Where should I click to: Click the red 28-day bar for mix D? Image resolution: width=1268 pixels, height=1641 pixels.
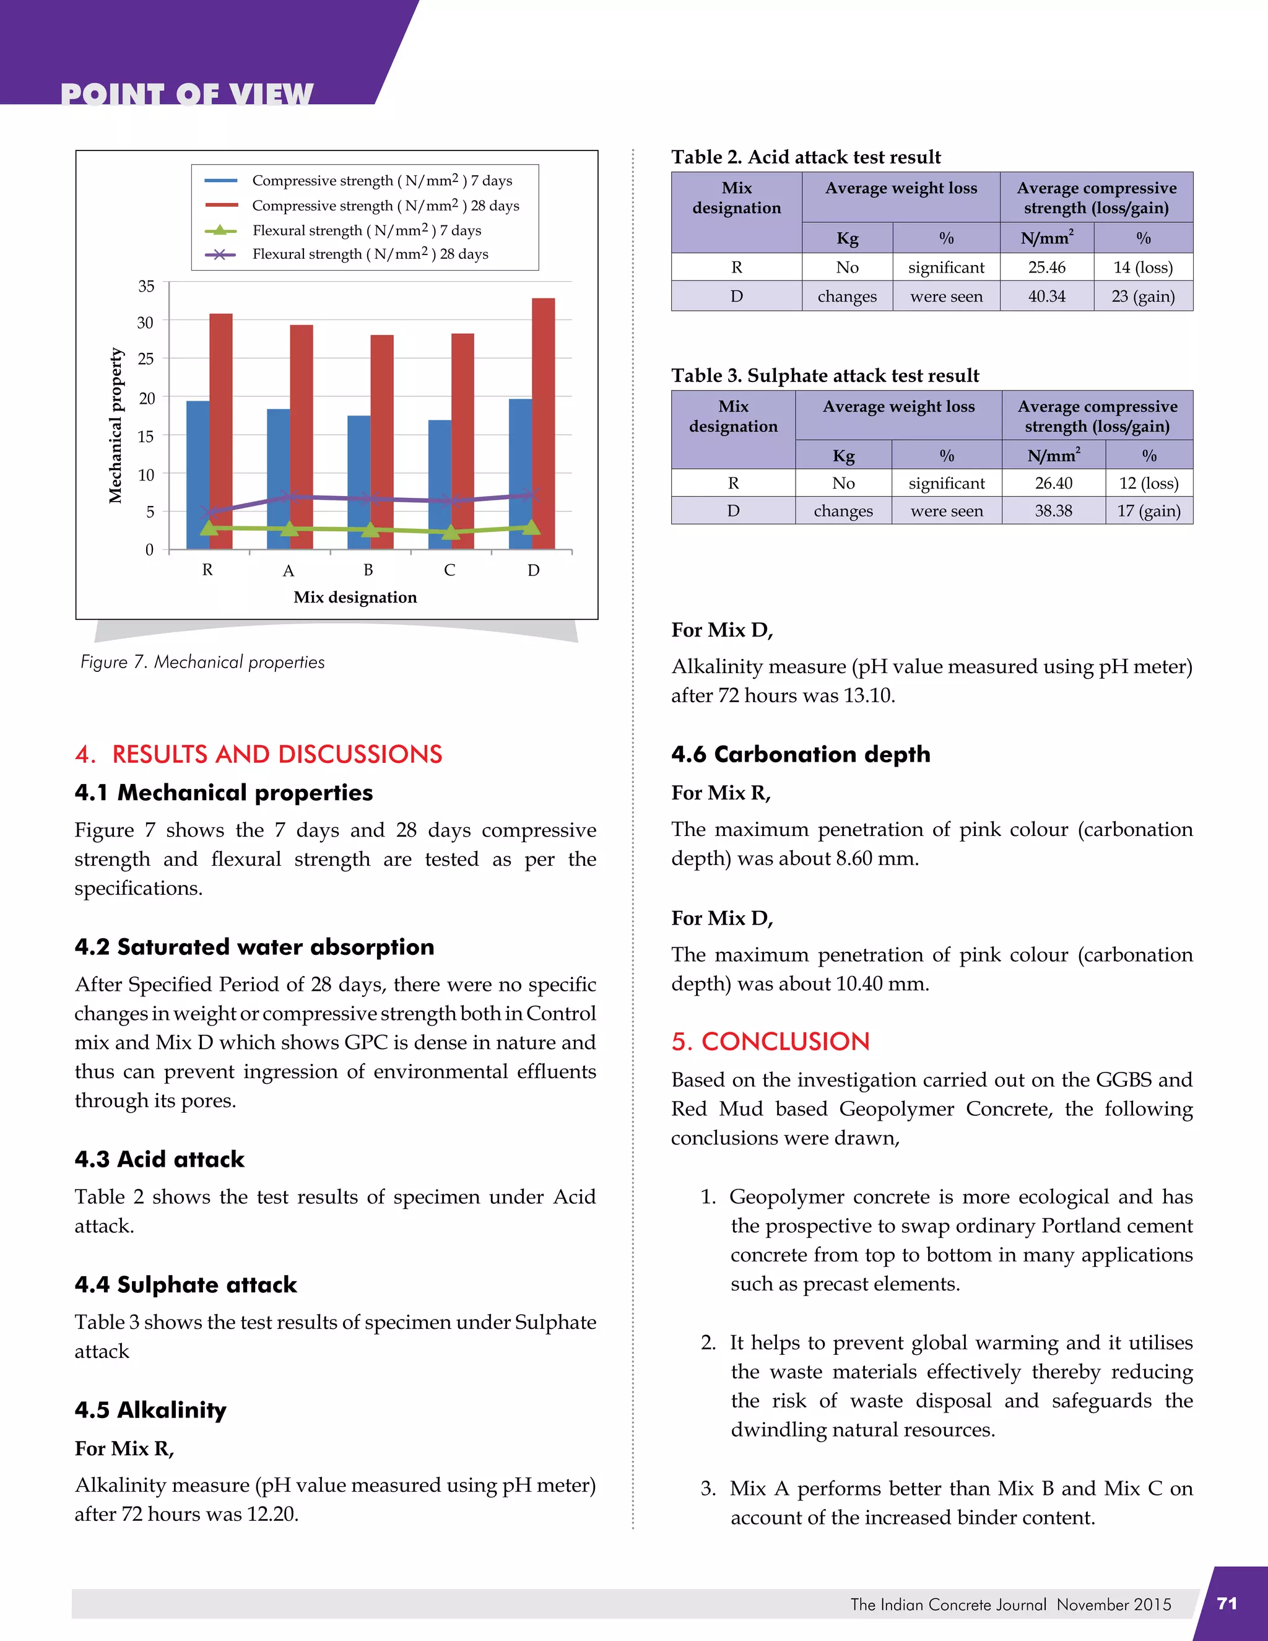543,420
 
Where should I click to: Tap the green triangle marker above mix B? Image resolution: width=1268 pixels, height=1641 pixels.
370,529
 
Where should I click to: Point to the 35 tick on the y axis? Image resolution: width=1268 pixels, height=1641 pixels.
147,286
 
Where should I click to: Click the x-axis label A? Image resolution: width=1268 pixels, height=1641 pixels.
289,571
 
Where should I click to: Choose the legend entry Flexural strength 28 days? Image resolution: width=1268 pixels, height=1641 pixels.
370,255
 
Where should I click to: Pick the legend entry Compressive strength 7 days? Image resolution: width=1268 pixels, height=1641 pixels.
381,181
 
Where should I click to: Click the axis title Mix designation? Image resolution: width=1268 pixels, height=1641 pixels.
355,598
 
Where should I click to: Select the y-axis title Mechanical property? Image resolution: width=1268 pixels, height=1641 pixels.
115,425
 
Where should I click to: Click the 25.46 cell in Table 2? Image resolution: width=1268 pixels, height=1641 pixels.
1046,268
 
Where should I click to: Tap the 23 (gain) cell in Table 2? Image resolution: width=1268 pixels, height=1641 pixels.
1142,296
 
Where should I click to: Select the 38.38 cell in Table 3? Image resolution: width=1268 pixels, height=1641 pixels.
1053,511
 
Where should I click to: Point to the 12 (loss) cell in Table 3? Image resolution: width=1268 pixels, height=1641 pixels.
1149,483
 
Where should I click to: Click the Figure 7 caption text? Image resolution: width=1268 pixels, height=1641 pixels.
203,662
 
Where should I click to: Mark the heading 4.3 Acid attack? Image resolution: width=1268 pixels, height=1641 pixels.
159,1159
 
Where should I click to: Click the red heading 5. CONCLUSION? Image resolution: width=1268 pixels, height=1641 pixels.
770,1042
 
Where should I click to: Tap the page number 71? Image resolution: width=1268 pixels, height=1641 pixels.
1227,1603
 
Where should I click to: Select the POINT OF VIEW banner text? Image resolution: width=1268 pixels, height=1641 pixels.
186,94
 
